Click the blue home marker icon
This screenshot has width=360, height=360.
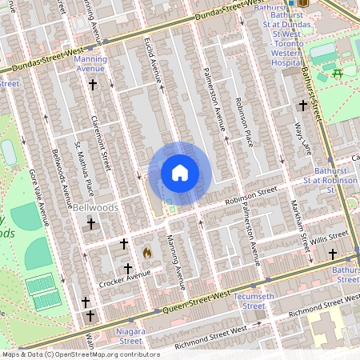click(180, 173)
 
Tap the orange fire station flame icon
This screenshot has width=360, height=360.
click(146, 251)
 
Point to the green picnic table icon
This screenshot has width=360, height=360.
click(337, 74)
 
